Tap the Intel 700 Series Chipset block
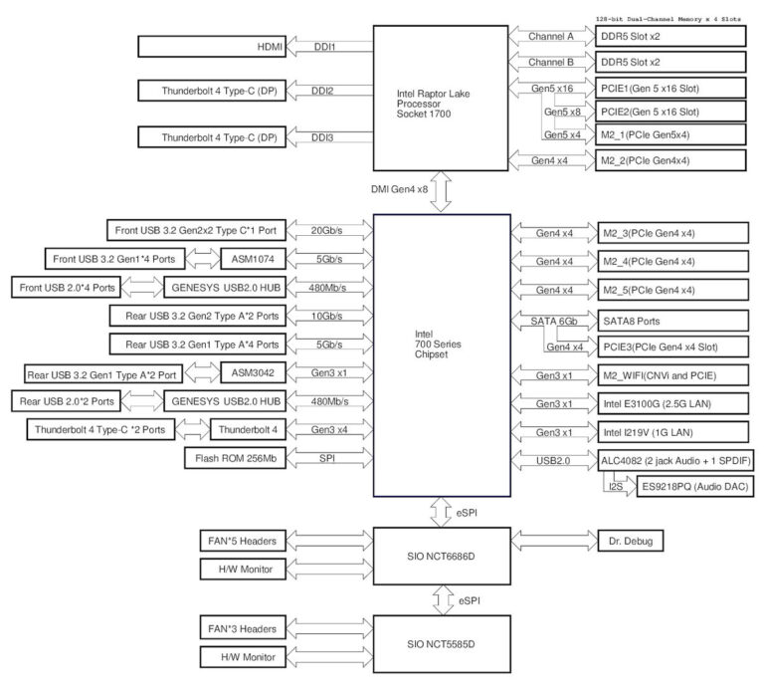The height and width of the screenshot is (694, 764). [440, 354]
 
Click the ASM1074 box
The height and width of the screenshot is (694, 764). [239, 260]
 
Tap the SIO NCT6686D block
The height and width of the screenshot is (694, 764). [440, 556]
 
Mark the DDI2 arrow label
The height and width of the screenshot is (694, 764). [322, 92]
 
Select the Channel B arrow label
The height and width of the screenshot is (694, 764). [551, 62]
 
